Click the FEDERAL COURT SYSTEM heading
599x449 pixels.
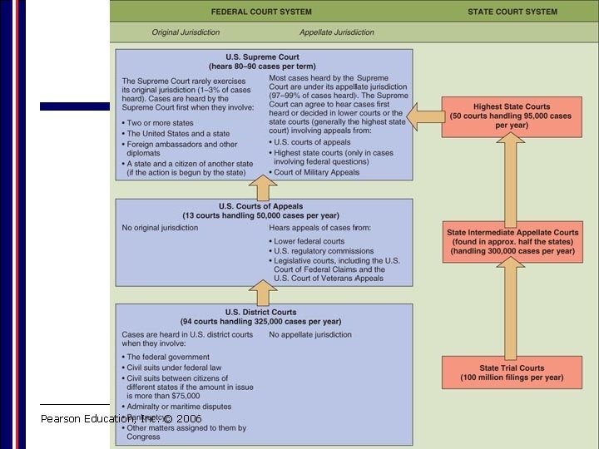[261, 12]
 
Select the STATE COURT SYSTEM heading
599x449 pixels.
[512, 12]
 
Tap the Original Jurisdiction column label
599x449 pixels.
[186, 32]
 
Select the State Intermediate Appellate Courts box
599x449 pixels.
[512, 241]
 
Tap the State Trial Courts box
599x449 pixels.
[512, 373]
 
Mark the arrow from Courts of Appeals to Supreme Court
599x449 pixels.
[262, 188]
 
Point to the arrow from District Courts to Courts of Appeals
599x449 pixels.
[262, 294]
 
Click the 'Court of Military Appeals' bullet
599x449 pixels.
[317, 172]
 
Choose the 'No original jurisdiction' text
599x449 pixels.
[160, 227]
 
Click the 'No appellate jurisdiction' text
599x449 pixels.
[309, 335]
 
